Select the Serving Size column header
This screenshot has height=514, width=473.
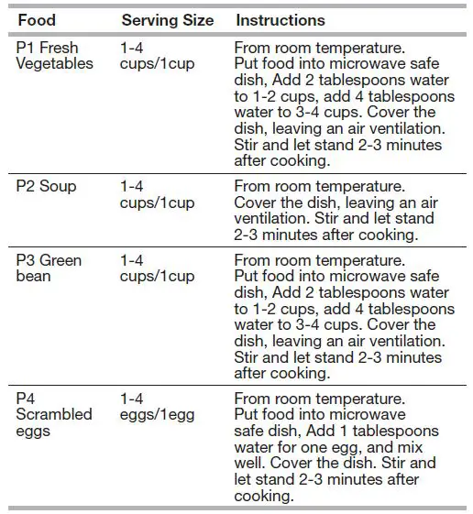[x=167, y=19]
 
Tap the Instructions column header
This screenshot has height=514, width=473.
[x=280, y=19]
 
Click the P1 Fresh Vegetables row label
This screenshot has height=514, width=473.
[x=54, y=55]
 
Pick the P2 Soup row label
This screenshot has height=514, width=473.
[x=46, y=186]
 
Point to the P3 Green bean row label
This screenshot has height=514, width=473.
[x=49, y=268]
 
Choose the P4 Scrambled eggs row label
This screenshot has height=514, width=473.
[x=54, y=414]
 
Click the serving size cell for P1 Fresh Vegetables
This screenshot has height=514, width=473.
[x=157, y=55]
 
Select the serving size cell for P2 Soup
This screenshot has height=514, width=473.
[x=157, y=194]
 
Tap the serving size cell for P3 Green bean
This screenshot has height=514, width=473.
[x=157, y=268]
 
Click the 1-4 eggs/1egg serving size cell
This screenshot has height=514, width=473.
[x=157, y=407]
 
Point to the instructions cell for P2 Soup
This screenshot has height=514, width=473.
[x=334, y=210]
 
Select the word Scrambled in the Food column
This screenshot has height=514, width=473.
[x=54, y=414]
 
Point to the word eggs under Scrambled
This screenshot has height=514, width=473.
[x=33, y=430]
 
